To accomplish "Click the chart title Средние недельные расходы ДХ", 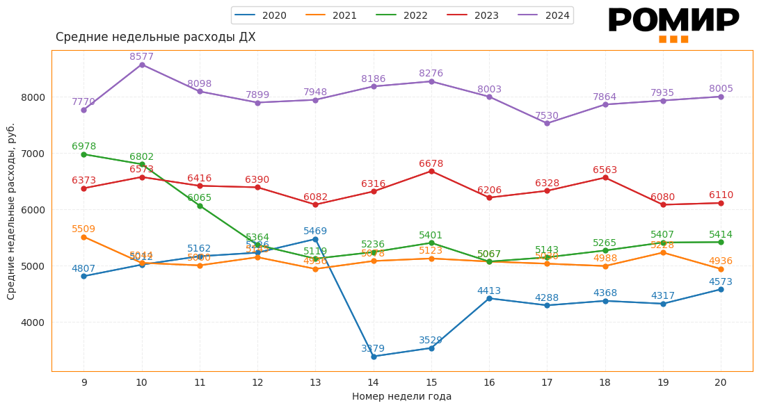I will [155, 38].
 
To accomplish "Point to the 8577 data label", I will [141, 57].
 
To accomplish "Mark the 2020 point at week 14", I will [374, 357].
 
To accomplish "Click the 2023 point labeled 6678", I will [431, 171].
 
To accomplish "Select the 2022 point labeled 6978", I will [83, 154].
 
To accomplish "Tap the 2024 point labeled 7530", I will [547, 123].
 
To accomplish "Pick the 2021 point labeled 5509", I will [83, 237].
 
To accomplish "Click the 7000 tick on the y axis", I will [33, 154].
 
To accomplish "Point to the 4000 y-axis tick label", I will [33, 323].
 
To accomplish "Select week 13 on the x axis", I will [315, 382].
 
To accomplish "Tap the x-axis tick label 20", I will [721, 382].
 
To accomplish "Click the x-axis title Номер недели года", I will [401, 397].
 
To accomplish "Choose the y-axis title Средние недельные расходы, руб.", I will [11, 211].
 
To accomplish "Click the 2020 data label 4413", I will [489, 291].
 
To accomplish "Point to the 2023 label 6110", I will [721, 195].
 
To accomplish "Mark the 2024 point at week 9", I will [83, 110].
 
